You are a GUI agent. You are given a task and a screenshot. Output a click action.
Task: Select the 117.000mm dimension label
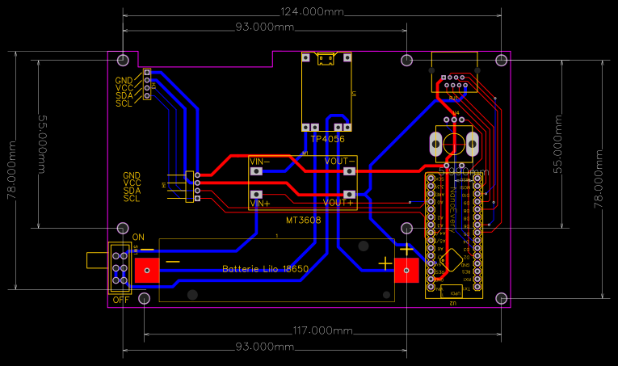coord(321,331)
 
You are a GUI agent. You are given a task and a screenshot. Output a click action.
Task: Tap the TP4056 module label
coord(327,139)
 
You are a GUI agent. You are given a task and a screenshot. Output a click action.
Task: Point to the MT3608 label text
coord(303,220)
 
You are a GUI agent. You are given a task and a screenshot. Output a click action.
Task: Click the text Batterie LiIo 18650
coord(265,269)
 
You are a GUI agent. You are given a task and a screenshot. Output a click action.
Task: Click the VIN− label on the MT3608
coord(260,162)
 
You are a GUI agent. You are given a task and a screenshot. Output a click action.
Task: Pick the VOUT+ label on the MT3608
coord(338,203)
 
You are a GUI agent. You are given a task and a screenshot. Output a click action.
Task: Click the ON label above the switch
coord(137,237)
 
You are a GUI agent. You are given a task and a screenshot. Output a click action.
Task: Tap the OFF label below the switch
coord(120,300)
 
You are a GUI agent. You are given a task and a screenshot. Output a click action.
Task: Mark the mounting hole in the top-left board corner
coord(123,61)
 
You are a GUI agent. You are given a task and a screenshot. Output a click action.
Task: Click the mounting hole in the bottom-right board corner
coord(502,298)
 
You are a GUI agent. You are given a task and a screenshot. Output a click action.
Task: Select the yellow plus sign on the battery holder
coord(385,263)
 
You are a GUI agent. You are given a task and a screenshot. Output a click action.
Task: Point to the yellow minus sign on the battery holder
coord(173,262)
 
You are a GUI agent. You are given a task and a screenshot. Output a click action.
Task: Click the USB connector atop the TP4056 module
coord(326,59)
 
